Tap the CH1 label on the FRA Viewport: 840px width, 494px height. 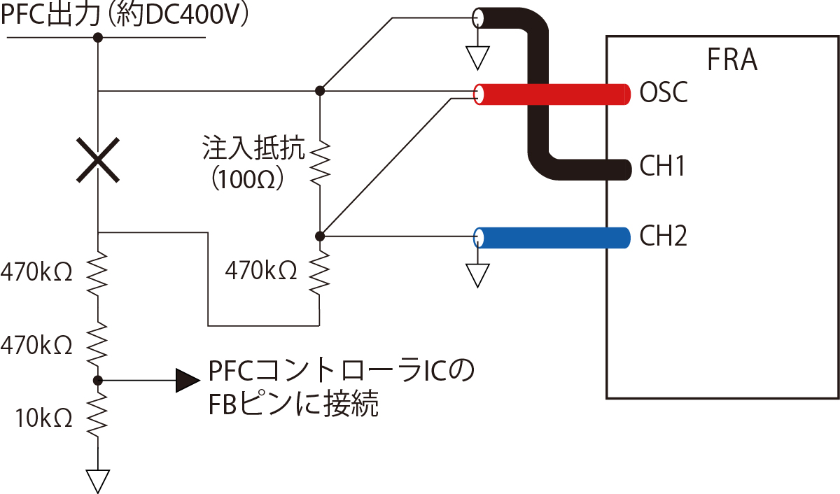(661, 167)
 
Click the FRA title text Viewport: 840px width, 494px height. (732, 61)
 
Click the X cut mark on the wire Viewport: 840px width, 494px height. (98, 160)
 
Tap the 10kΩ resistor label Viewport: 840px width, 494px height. (44, 418)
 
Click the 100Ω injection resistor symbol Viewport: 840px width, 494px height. (319, 162)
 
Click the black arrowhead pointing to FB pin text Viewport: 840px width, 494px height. (187, 380)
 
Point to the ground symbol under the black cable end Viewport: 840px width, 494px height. (477, 57)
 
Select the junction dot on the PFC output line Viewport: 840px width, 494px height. (98, 37)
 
